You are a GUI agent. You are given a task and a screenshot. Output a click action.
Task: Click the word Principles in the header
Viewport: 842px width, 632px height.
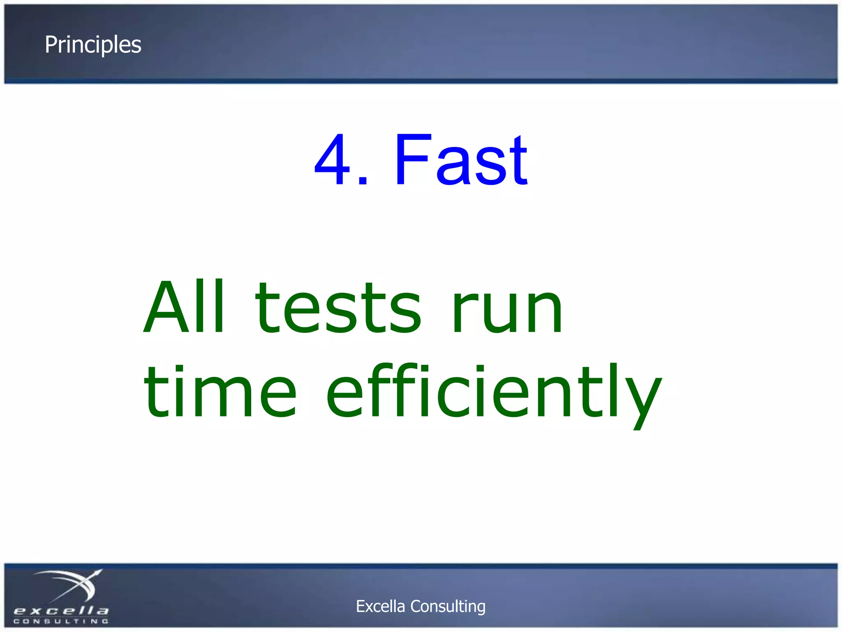(x=93, y=45)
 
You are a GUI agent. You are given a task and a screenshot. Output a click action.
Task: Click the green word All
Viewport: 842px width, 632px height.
(x=185, y=307)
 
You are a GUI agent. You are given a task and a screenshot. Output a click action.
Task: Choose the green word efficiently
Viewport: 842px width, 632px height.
(x=493, y=393)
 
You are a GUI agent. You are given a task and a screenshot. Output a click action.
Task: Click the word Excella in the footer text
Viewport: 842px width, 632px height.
(x=380, y=606)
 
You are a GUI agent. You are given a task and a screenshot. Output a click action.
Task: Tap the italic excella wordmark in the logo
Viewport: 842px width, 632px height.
(x=61, y=611)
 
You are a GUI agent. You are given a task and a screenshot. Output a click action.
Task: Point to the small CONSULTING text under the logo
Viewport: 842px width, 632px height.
(x=61, y=621)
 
